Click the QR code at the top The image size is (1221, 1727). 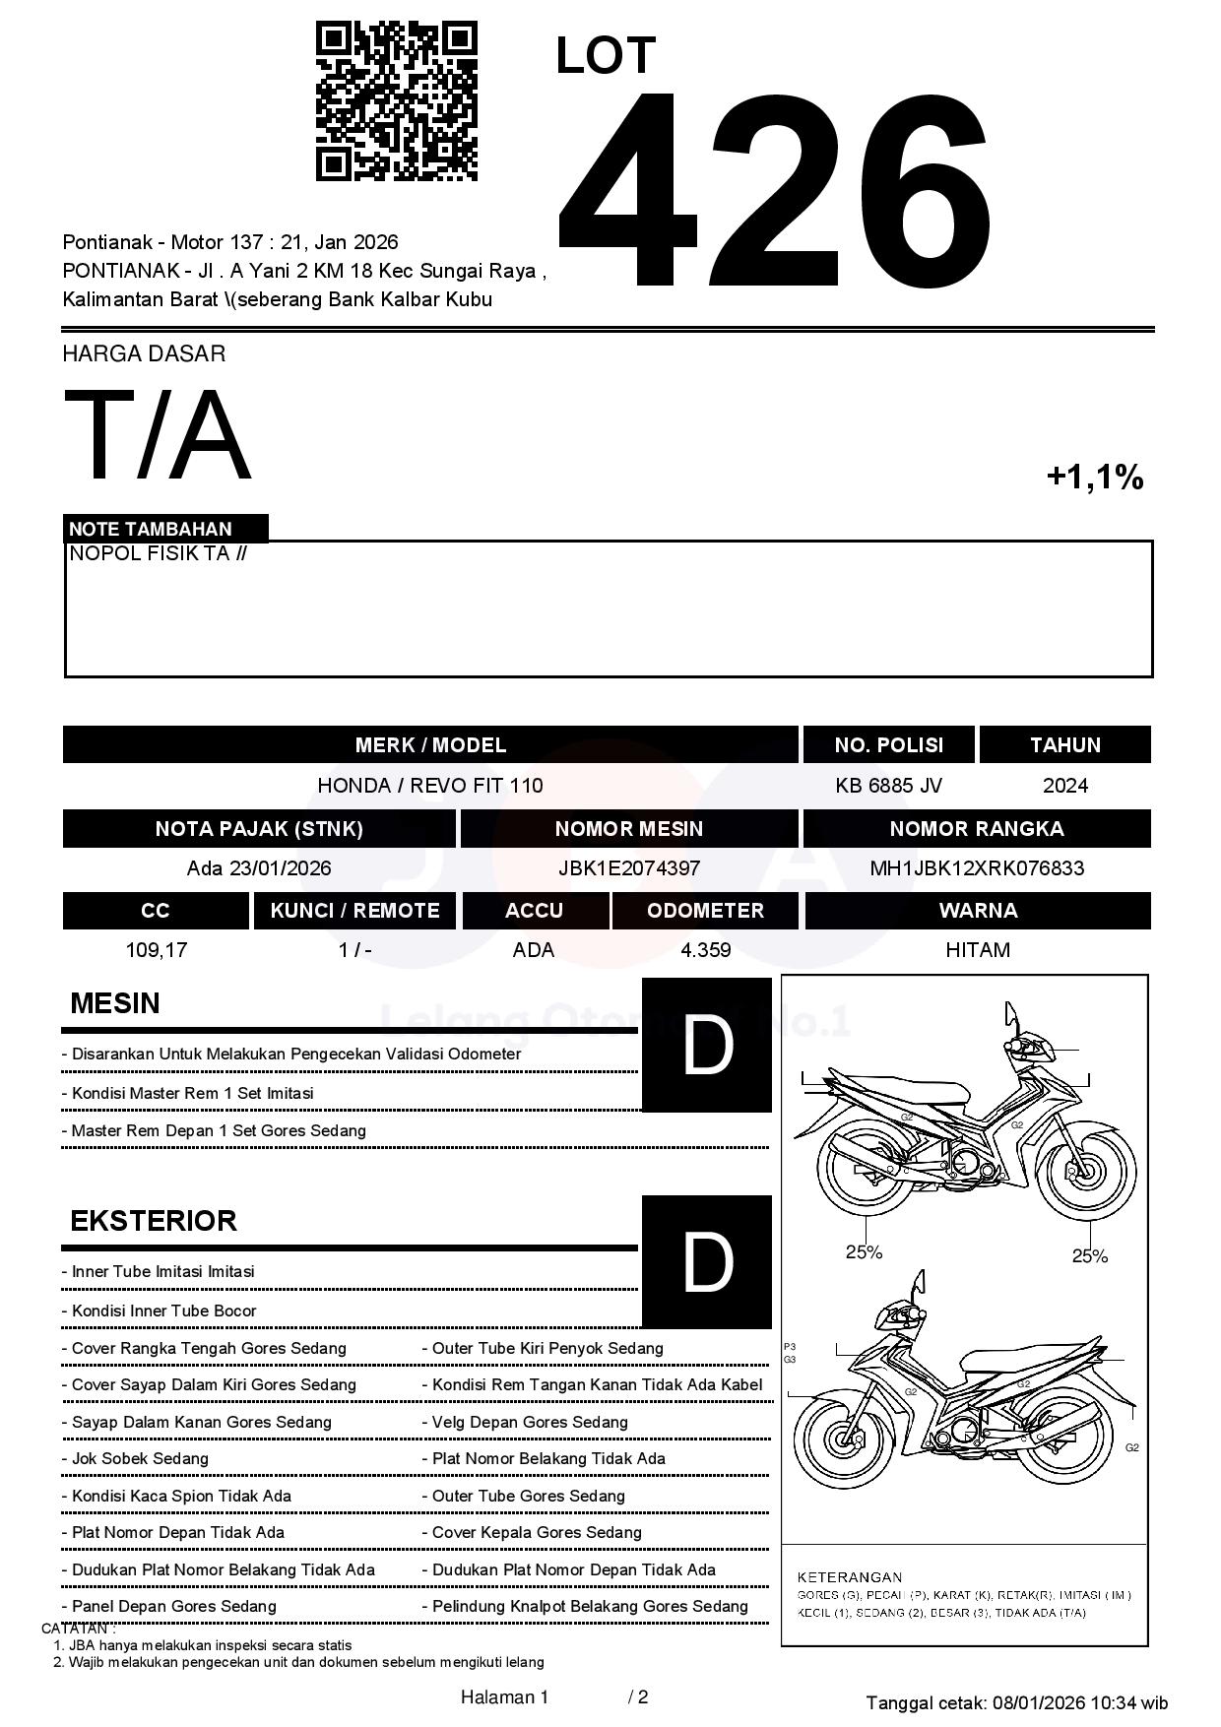click(396, 101)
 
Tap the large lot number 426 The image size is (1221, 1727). click(773, 192)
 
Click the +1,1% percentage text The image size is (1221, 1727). click(1094, 478)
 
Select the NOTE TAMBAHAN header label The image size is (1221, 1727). click(151, 529)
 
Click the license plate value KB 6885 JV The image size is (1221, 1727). click(888, 786)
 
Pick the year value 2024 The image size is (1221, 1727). click(1065, 786)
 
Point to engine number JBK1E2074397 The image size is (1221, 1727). click(629, 868)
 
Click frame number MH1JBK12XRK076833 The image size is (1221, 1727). click(977, 868)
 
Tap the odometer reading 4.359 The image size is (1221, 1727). click(705, 950)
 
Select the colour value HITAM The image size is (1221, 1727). click(978, 950)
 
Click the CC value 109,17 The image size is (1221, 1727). click(157, 950)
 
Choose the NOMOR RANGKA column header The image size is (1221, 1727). click(977, 829)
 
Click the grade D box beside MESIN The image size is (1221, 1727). click(707, 1045)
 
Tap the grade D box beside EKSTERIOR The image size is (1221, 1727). click(707, 1261)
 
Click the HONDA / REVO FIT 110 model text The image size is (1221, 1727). click(430, 786)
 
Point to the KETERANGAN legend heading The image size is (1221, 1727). click(849, 1576)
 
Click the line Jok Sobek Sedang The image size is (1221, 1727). click(140, 1458)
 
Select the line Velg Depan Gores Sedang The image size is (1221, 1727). click(530, 1422)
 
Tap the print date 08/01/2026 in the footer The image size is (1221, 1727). click(1038, 1702)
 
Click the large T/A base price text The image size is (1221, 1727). click(158, 436)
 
